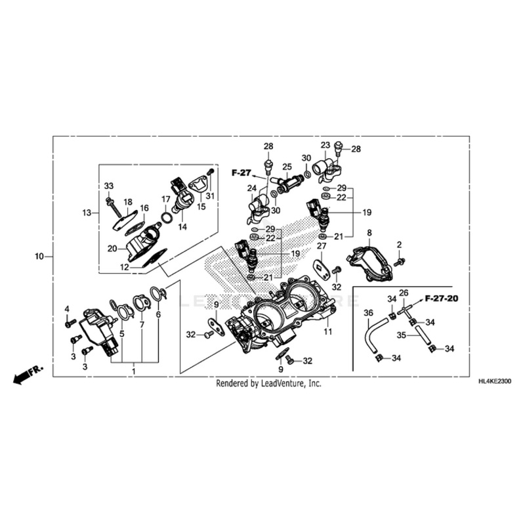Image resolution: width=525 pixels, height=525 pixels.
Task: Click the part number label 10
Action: point(39,256)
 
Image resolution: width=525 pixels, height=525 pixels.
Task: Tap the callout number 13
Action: point(87,213)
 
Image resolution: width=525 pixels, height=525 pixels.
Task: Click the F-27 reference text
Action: point(241,172)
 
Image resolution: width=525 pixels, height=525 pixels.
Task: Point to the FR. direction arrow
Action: point(27,375)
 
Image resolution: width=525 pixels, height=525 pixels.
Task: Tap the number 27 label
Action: point(322,245)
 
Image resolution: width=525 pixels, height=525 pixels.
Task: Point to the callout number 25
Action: point(287,167)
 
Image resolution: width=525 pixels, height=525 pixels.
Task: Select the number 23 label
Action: point(325,145)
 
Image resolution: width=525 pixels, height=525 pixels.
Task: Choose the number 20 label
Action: point(112,249)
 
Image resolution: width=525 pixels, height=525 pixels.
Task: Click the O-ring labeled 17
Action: point(167,217)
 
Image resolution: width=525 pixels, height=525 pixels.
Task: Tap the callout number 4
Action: point(67,308)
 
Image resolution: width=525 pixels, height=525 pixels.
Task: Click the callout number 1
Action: point(133,371)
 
